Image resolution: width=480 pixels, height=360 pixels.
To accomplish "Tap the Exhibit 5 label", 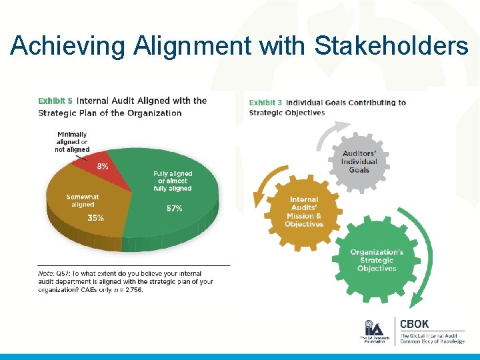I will (x=55, y=101).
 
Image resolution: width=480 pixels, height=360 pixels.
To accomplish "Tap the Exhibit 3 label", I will (x=265, y=103).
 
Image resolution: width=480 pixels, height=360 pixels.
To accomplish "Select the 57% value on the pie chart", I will (x=174, y=209).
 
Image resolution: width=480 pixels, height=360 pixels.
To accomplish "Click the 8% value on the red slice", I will (x=103, y=167).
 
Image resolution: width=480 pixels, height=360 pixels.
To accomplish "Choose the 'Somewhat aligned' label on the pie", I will (x=83, y=201).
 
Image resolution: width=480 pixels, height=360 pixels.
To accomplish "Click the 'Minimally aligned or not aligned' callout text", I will (x=71, y=142).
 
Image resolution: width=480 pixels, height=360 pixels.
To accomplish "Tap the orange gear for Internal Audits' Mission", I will (x=304, y=212).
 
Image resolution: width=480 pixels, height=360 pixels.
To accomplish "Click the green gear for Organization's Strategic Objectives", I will (x=377, y=260).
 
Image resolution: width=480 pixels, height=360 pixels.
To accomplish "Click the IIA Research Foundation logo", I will (x=373, y=331).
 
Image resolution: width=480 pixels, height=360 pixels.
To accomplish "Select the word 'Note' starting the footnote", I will (x=45, y=274).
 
